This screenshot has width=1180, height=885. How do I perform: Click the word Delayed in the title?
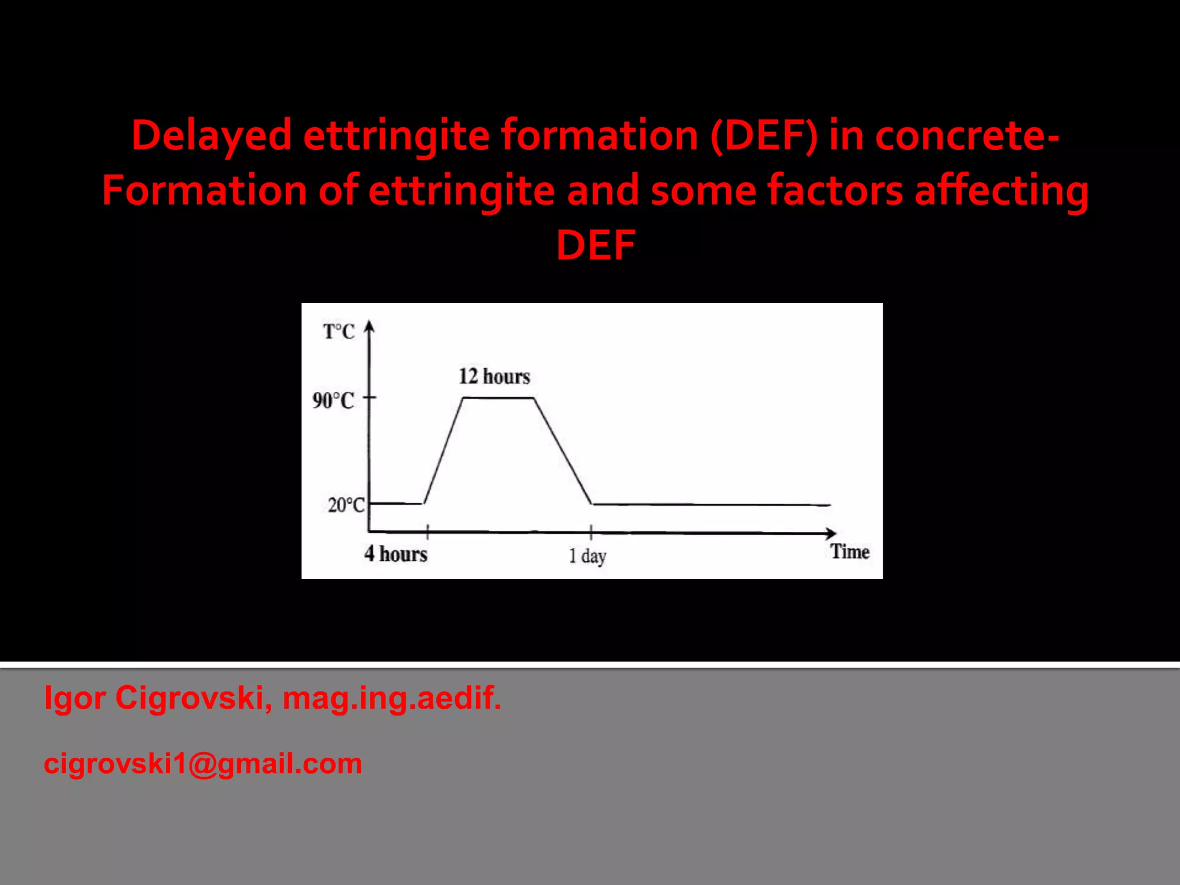click(211, 136)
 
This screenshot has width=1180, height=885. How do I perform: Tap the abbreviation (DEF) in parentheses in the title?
click(764, 136)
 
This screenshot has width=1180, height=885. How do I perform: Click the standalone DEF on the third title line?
click(596, 245)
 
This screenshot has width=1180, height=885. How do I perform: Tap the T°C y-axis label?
click(339, 332)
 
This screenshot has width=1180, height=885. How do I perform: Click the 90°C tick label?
click(333, 400)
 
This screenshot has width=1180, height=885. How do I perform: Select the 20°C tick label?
click(346, 505)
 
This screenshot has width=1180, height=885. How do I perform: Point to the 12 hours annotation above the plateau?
click(494, 376)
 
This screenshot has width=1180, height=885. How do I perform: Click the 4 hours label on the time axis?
click(396, 554)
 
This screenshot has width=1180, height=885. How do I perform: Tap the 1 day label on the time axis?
click(588, 556)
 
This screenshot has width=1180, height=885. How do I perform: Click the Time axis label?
click(850, 552)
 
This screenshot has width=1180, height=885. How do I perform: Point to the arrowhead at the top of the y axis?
click(370, 327)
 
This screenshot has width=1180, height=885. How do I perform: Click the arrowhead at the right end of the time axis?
click(830, 533)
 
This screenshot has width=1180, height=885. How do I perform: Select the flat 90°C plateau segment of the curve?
click(498, 398)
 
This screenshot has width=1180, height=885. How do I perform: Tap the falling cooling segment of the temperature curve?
click(563, 451)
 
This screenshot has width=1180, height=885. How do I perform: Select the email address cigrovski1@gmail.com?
click(203, 763)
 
